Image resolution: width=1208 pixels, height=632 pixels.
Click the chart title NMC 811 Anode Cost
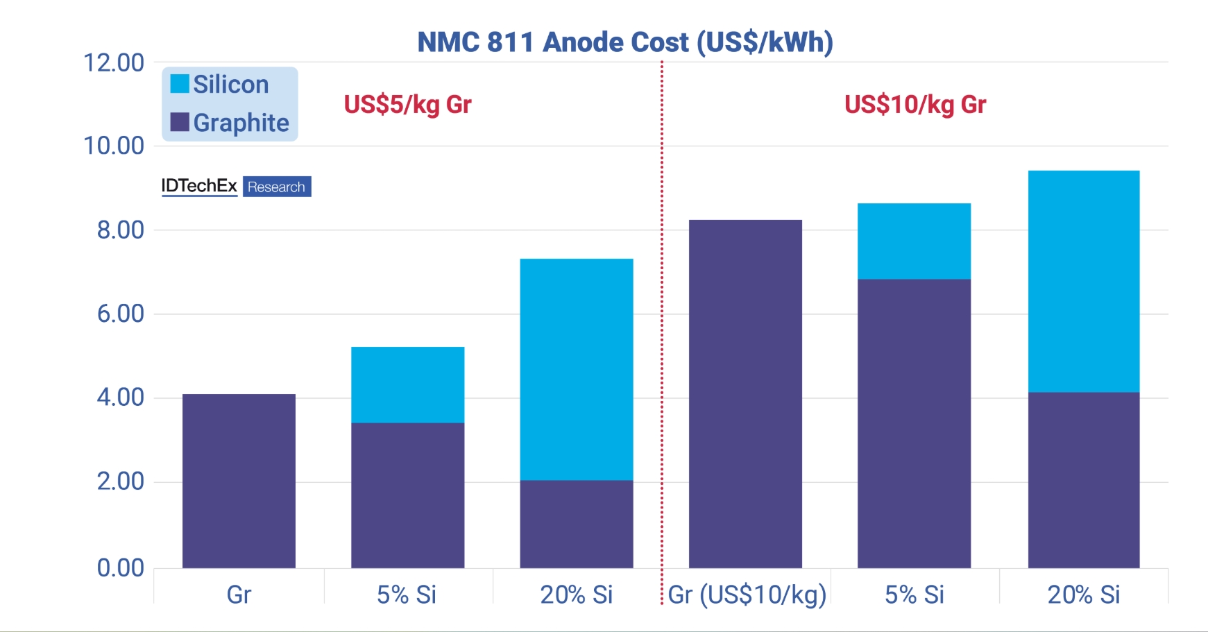click(x=624, y=42)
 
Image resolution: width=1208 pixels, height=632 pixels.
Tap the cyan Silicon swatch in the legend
click(x=180, y=84)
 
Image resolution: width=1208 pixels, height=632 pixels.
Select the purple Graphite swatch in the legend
click(x=180, y=122)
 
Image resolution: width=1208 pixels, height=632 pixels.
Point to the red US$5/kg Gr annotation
click(x=407, y=105)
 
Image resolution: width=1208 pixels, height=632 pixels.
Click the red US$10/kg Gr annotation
click(x=914, y=105)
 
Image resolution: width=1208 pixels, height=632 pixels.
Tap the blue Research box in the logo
click(x=276, y=187)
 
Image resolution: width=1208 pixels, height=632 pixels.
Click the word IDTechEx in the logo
click(x=199, y=186)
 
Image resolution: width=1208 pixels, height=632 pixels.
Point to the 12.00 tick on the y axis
click(x=114, y=63)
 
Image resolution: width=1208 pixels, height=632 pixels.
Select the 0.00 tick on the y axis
click(x=121, y=567)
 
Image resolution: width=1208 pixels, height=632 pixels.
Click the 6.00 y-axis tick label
click(x=121, y=314)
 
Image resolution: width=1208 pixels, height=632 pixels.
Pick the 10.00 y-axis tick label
click(x=114, y=146)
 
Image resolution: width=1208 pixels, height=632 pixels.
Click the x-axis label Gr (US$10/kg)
click(x=747, y=595)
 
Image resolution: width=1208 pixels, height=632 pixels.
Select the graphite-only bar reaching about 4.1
click(x=239, y=481)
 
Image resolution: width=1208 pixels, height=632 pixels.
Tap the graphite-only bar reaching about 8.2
click(x=745, y=394)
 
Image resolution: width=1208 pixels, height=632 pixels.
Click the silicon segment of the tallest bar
click(x=1083, y=281)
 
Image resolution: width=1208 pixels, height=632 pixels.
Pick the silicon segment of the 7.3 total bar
click(x=576, y=369)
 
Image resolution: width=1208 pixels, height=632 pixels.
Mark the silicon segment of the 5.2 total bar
click(x=407, y=384)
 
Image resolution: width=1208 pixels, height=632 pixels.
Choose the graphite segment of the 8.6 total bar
click(x=914, y=423)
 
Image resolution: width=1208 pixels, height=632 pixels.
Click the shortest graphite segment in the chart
click(x=576, y=524)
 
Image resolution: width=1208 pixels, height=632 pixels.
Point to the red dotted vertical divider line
click(x=662, y=333)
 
